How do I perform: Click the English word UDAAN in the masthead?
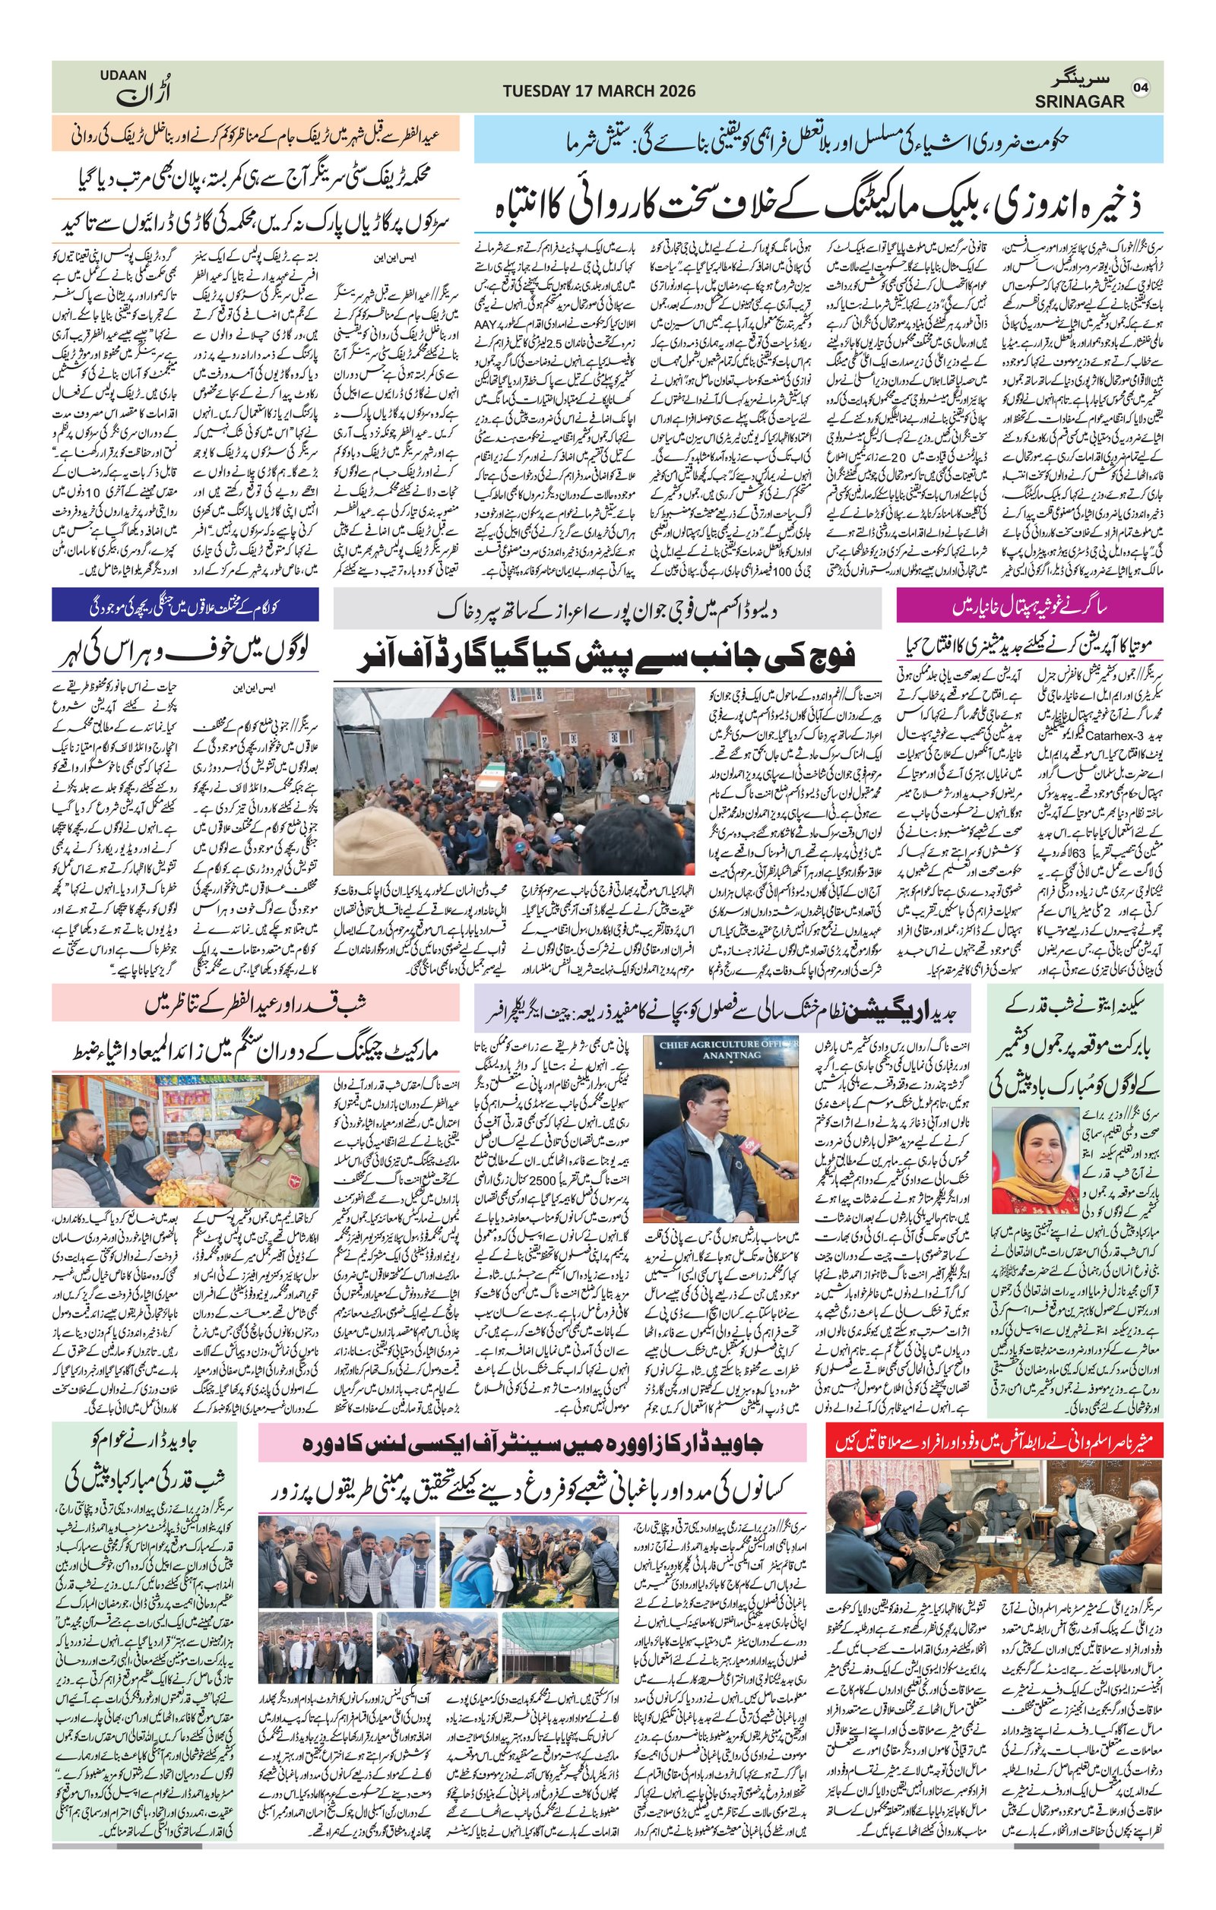click(x=123, y=75)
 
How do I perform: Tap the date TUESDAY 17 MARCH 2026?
click(x=599, y=91)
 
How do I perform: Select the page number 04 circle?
click(x=1140, y=87)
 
